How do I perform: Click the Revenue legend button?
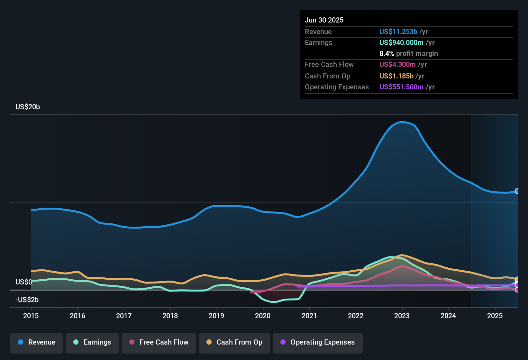[x=37, y=342]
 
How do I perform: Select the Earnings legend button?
[x=92, y=342]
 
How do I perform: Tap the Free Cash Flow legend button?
[x=159, y=342]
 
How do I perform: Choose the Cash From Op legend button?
[x=234, y=342]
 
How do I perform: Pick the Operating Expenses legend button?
[x=318, y=342]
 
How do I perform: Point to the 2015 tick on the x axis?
[x=31, y=316]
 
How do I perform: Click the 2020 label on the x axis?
[x=263, y=316]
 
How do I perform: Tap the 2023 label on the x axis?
[x=402, y=316]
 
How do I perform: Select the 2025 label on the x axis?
[x=495, y=316]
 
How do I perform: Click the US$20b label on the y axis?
[x=28, y=107]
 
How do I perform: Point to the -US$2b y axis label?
[x=27, y=300]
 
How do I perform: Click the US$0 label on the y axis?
[x=23, y=282]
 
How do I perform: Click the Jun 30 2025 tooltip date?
[x=324, y=20]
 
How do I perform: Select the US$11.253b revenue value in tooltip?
[x=398, y=32]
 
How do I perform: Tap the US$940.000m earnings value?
[x=401, y=43]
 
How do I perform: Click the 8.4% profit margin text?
[x=408, y=54]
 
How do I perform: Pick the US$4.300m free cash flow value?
[x=397, y=65]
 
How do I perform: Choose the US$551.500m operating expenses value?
[x=401, y=87]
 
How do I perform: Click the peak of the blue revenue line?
[x=402, y=122]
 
